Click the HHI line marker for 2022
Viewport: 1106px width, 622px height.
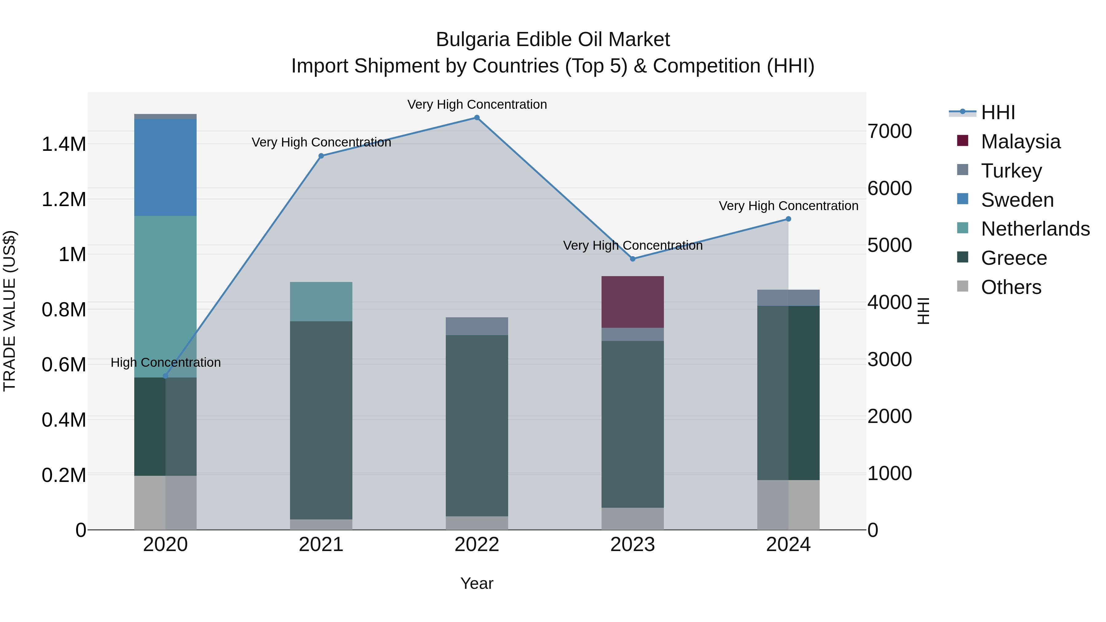pos(477,118)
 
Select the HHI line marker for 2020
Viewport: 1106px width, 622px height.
pos(165,376)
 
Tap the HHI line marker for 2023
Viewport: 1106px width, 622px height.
pos(633,259)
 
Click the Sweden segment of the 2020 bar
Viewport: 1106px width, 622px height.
pos(165,167)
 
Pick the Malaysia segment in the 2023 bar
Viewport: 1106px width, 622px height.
pos(633,302)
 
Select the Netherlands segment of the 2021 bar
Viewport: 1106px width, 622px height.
pos(321,301)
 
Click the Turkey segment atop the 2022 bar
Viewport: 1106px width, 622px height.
pos(477,326)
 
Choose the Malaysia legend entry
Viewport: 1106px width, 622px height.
pos(1020,142)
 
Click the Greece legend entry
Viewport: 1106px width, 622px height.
pos(1013,258)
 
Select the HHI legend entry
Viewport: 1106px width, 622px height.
pos(997,112)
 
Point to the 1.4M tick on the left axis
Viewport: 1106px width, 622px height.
pos(64,144)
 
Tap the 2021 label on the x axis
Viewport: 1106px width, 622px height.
pos(321,545)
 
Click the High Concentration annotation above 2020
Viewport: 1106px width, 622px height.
pos(166,362)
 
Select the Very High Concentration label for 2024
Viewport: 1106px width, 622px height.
pos(788,206)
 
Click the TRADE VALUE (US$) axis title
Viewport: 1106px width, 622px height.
pos(10,311)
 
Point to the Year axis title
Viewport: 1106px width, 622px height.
pos(477,583)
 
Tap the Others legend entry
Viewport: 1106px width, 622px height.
pos(1011,287)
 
